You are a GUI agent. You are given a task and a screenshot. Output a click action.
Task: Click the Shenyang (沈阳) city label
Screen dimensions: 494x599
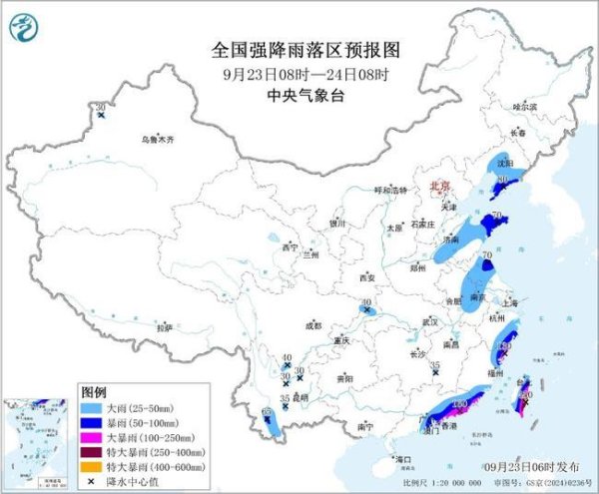504,162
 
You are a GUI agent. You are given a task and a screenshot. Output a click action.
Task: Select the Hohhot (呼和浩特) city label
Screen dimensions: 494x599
391,190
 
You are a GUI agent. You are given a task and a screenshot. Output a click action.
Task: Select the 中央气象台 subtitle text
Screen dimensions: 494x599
299,96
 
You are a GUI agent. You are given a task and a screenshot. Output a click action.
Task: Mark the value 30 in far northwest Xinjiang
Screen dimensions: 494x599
101,107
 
